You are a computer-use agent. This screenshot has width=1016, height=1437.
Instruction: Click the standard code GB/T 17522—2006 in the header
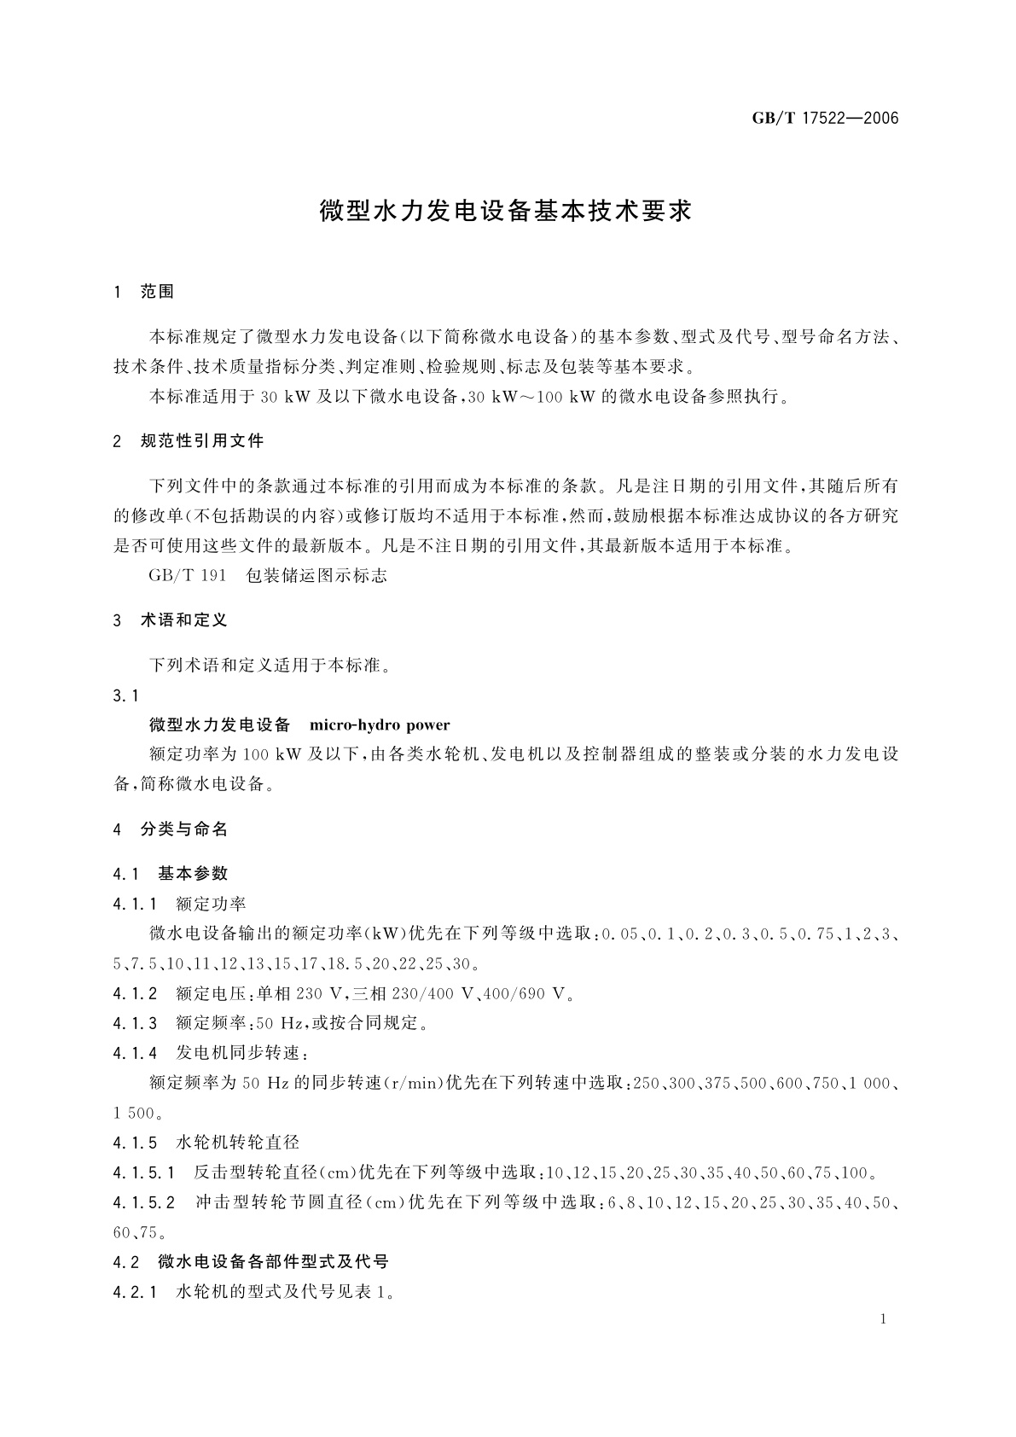pyautogui.click(x=825, y=119)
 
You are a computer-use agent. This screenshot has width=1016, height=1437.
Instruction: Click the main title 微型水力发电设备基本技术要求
pyautogui.click(x=506, y=212)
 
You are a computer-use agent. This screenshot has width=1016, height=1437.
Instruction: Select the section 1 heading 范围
pyautogui.click(x=157, y=292)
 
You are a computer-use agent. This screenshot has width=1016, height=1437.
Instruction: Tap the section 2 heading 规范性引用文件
pyautogui.click(x=201, y=441)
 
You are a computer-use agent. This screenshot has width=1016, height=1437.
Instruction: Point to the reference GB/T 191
pyautogui.click(x=188, y=575)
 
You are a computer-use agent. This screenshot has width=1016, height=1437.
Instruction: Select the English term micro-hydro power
pyautogui.click(x=380, y=725)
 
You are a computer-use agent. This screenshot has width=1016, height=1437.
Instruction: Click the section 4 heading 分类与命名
pyautogui.click(x=183, y=829)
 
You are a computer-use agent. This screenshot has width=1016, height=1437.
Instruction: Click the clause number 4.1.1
pyautogui.click(x=135, y=903)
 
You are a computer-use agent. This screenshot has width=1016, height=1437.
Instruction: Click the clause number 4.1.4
pyautogui.click(x=135, y=1052)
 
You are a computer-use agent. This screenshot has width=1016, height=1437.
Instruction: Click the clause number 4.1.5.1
pyautogui.click(x=143, y=1172)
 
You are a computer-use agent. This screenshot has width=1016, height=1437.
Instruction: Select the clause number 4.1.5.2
pyautogui.click(x=143, y=1202)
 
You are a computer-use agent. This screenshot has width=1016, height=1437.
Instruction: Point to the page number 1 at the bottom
pyautogui.click(x=883, y=1319)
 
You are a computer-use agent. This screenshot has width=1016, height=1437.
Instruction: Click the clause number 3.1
pyautogui.click(x=125, y=695)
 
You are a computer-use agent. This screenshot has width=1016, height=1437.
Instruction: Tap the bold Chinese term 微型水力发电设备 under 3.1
pyautogui.click(x=220, y=725)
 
